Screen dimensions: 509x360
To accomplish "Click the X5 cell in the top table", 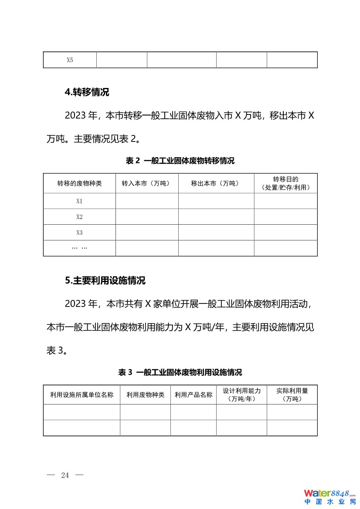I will [x=70, y=60].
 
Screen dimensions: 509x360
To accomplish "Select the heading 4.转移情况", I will [x=87, y=92].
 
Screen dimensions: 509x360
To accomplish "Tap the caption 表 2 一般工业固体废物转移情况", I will [x=180, y=161].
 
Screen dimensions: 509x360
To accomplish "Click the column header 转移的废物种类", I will [x=79, y=183].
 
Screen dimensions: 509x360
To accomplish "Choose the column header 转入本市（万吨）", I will [x=147, y=183].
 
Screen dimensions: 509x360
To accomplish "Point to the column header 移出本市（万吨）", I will [x=216, y=183].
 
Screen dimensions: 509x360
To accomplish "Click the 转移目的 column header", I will [x=285, y=183].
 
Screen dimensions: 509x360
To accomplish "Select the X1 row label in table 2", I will [x=79, y=201].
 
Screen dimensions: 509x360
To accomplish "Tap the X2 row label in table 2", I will [x=79, y=217].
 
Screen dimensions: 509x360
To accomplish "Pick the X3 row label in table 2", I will [x=79, y=233].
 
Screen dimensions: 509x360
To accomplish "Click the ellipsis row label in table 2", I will [x=79, y=248].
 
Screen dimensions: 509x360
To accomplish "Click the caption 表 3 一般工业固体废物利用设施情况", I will [x=180, y=372].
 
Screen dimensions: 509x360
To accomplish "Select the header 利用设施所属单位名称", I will [x=82, y=395].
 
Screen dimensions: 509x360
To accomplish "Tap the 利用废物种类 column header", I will [x=145, y=395].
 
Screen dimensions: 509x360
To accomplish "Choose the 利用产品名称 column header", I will [x=194, y=395].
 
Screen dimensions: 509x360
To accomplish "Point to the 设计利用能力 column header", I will [x=241, y=394].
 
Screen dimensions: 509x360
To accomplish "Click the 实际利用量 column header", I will [x=292, y=394].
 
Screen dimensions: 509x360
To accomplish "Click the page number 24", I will [x=65, y=475].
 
